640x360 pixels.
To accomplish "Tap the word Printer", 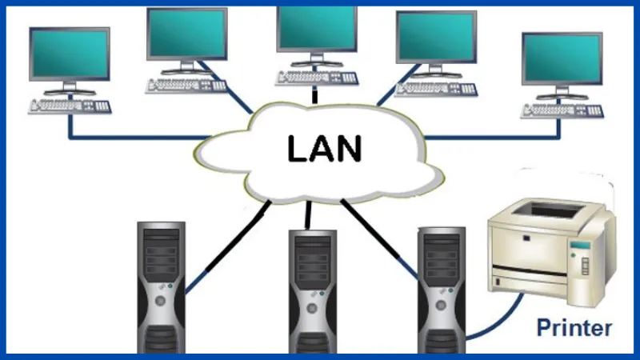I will [574, 327].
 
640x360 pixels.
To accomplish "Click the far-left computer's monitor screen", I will [69, 54].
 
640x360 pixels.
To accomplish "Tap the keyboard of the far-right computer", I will [562, 110].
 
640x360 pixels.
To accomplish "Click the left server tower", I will [160, 288].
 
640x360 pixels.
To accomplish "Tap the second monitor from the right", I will [436, 36].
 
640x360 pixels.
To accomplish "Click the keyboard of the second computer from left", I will [186, 82].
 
